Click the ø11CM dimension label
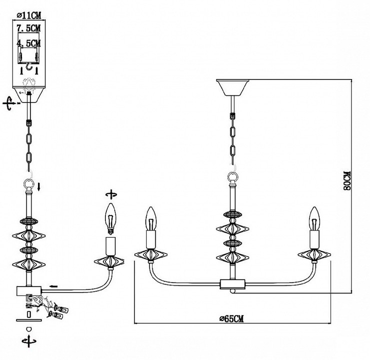28,14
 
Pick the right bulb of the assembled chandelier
314,218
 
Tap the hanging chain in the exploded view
29,145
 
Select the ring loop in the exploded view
29,186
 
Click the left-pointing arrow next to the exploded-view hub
53,287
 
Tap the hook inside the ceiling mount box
29,66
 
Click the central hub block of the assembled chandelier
232,283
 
